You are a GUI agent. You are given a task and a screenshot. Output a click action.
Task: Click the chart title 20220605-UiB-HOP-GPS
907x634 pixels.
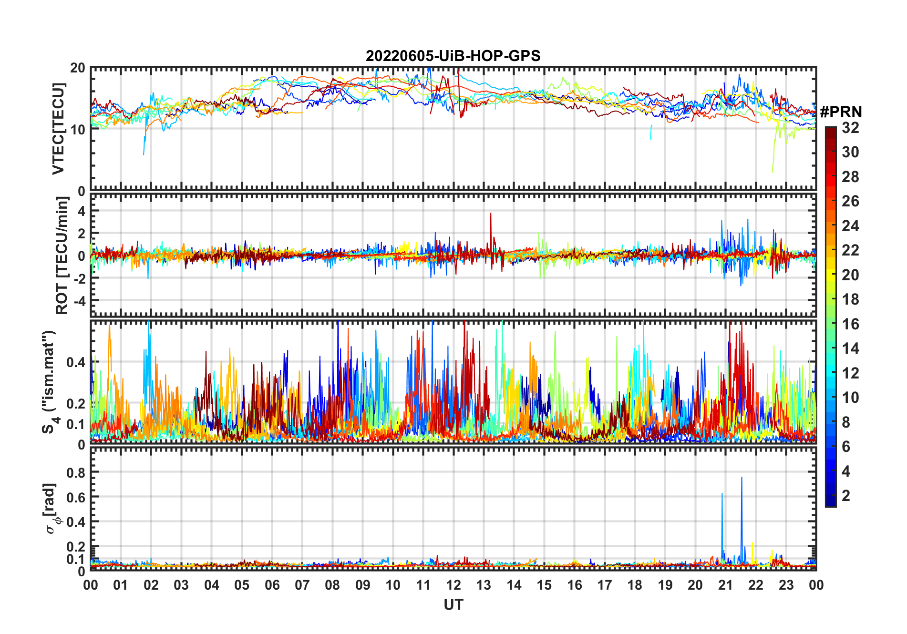pyautogui.click(x=453, y=56)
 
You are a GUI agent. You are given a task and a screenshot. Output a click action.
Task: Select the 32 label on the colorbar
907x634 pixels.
pyautogui.click(x=850, y=128)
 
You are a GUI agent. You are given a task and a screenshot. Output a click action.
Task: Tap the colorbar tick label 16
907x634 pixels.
pyautogui.click(x=850, y=324)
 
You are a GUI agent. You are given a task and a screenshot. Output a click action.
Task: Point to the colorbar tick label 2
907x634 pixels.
pyautogui.click(x=846, y=496)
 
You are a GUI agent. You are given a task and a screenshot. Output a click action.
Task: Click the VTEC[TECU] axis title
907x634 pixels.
pyautogui.click(x=58, y=129)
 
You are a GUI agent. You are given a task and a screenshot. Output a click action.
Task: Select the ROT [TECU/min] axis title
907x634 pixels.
pyautogui.click(x=62, y=256)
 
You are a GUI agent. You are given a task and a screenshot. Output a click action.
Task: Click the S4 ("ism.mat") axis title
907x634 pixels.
pyautogui.click(x=50, y=382)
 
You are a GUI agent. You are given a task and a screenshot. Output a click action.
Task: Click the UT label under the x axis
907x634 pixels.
pyautogui.click(x=453, y=605)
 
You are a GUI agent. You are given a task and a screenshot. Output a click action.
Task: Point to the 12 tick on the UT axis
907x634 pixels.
pyautogui.click(x=453, y=585)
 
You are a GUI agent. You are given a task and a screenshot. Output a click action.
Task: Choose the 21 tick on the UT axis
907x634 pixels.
pyautogui.click(x=725, y=585)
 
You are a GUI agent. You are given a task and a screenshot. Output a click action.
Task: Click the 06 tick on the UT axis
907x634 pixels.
pyautogui.click(x=272, y=585)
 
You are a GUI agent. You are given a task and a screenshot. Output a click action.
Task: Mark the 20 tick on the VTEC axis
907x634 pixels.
pyautogui.click(x=78, y=68)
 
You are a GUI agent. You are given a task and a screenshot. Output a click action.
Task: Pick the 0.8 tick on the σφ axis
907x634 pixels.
pyautogui.click(x=76, y=472)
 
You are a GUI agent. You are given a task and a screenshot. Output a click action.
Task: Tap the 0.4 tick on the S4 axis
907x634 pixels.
pyautogui.click(x=76, y=362)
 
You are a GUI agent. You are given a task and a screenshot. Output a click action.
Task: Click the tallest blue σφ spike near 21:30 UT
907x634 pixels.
pyautogui.click(x=742, y=478)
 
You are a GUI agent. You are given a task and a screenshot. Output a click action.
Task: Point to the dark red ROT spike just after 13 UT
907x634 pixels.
pyautogui.click(x=491, y=215)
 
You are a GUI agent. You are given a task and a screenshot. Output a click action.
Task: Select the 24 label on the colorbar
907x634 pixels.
pyautogui.click(x=850, y=226)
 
